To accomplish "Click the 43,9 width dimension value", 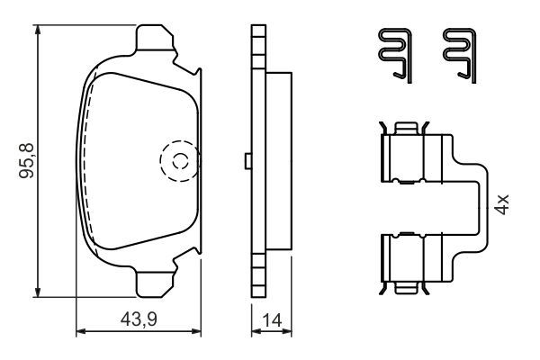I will [140, 318].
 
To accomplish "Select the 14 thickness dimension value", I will [270, 318].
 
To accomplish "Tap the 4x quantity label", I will [503, 203].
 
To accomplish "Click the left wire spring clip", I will [392, 53].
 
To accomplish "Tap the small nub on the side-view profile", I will [247, 161].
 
